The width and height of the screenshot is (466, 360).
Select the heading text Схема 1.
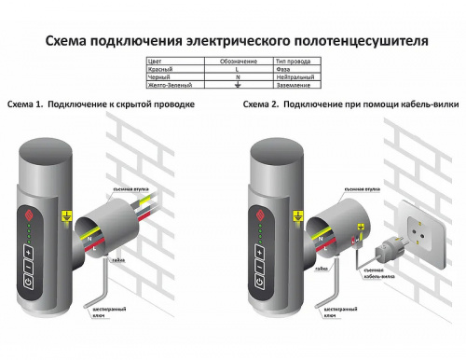tap(24, 105)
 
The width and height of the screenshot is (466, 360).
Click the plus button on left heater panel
tap(29, 254)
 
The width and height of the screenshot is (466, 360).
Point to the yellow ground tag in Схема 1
tap(64, 217)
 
